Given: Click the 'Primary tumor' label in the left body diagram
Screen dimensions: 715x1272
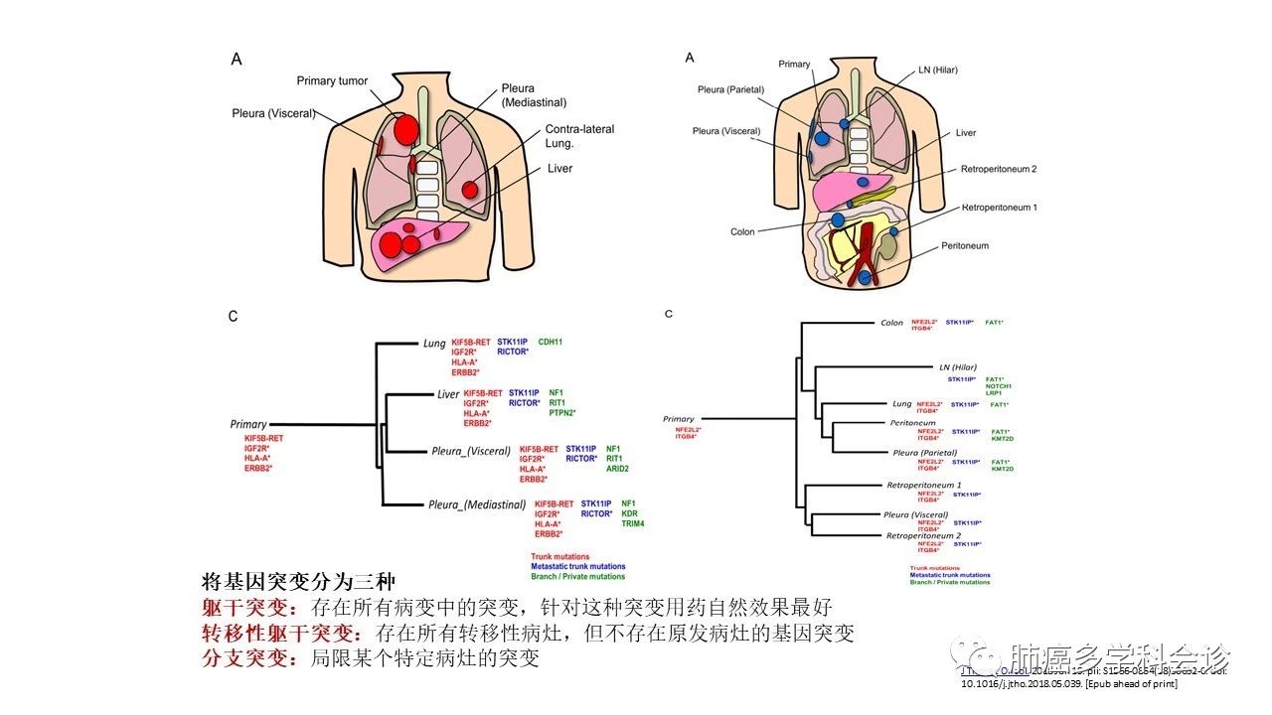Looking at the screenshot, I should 332,81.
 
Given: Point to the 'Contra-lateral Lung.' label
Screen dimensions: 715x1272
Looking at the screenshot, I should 579,136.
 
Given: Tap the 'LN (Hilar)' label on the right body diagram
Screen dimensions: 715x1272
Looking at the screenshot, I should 938,71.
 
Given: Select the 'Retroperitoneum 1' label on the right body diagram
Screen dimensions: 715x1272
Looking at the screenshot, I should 999,208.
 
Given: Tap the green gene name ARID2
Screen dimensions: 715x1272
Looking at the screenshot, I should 617,469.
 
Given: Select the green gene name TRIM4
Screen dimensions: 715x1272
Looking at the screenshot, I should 633,524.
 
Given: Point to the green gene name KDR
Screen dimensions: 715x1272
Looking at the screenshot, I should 629,514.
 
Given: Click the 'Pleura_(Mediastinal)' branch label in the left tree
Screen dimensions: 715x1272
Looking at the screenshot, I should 476,504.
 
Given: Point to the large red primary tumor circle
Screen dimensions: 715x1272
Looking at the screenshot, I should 406,127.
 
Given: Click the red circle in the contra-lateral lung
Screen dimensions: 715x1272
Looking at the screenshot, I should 470,187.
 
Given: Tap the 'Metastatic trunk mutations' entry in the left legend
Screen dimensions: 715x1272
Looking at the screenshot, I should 578,567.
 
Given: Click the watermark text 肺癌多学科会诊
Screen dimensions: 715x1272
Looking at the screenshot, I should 1120,657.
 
